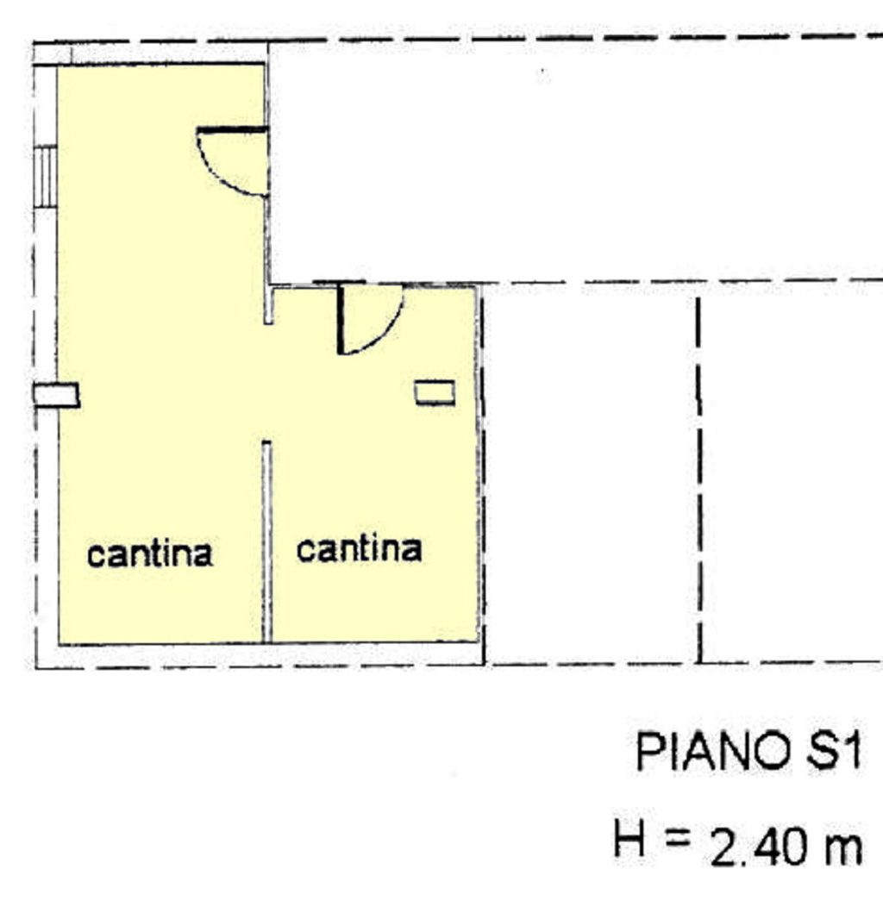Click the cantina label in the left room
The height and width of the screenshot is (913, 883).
click(x=150, y=553)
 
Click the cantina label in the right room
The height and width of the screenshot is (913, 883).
click(x=359, y=549)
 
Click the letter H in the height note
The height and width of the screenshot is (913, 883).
click(x=629, y=838)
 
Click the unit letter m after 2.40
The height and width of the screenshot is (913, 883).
click(x=842, y=851)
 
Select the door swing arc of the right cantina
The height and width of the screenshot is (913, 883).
click(x=385, y=333)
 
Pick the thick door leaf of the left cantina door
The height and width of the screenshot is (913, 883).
click(x=232, y=130)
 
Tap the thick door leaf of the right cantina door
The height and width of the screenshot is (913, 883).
click(x=341, y=319)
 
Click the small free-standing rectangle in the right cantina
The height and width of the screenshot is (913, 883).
click(x=435, y=392)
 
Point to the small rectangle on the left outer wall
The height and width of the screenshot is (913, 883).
click(x=56, y=396)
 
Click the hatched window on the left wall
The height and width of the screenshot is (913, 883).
click(x=45, y=177)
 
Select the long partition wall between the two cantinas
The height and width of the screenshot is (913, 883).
click(x=266, y=541)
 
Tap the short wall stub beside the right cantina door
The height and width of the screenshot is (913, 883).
click(x=268, y=304)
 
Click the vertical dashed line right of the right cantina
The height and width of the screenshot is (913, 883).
click(x=698, y=480)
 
